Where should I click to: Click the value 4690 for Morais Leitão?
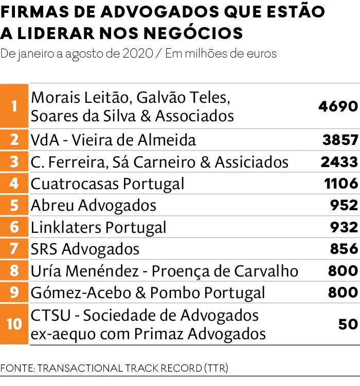(337, 106)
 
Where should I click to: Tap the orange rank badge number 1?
(14, 106)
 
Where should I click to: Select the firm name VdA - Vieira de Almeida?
(113, 140)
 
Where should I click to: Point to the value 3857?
(339, 140)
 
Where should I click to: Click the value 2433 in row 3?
(338, 162)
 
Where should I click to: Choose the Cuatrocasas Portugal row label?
(107, 183)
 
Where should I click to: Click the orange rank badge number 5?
(14, 206)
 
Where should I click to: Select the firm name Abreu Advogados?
(94, 206)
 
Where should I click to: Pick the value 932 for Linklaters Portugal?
(344, 227)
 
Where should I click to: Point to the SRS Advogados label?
(85, 249)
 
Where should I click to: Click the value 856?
(344, 249)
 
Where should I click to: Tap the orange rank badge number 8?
(14, 271)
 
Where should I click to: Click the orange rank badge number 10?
(14, 324)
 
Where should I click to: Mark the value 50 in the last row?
(348, 324)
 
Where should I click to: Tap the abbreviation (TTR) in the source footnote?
(215, 369)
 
